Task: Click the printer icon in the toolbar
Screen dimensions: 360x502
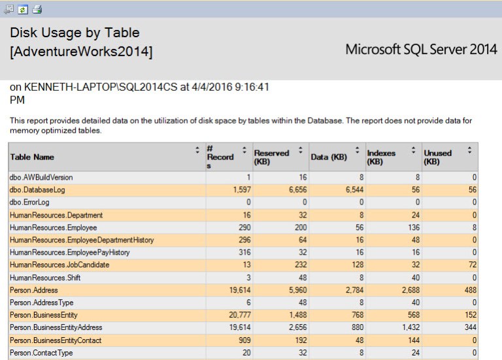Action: click(x=37, y=8)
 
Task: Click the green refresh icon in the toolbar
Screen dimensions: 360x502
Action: click(x=23, y=8)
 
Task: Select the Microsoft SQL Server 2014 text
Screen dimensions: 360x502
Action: click(x=421, y=50)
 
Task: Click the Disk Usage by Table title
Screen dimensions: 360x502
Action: click(x=75, y=33)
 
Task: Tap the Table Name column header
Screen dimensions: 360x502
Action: click(x=32, y=157)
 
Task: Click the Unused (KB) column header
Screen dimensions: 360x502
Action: click(x=437, y=157)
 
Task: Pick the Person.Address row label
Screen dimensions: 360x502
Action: click(x=34, y=290)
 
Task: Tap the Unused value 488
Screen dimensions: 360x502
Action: click(x=469, y=290)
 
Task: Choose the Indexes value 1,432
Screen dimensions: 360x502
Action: click(x=397, y=327)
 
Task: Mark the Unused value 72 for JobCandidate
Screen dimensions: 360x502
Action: click(x=471, y=265)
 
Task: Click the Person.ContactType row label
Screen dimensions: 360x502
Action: click(x=41, y=353)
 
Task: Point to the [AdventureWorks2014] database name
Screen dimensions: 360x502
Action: click(x=82, y=52)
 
